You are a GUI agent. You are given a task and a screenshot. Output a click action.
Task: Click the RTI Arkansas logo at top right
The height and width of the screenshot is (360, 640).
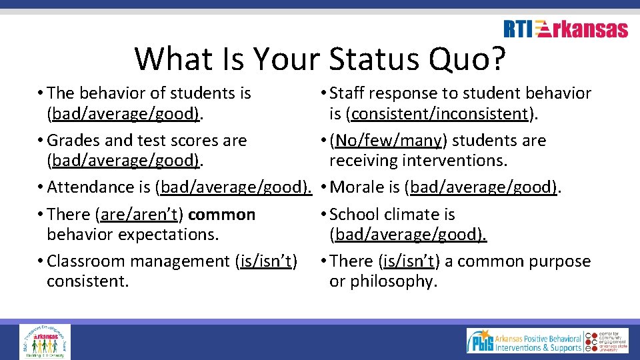pos(565,29)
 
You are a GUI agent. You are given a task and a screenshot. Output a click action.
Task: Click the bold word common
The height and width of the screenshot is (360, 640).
pos(221,215)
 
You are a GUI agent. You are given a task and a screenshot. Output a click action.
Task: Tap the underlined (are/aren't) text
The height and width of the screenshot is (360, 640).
pos(139,215)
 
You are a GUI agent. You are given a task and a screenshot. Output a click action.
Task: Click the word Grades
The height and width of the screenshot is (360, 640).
pos(71,141)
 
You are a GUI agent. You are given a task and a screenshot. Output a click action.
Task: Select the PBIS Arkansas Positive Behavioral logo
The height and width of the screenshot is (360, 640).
pos(523,341)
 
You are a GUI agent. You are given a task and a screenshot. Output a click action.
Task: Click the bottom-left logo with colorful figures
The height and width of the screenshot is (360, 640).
pos(45,341)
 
